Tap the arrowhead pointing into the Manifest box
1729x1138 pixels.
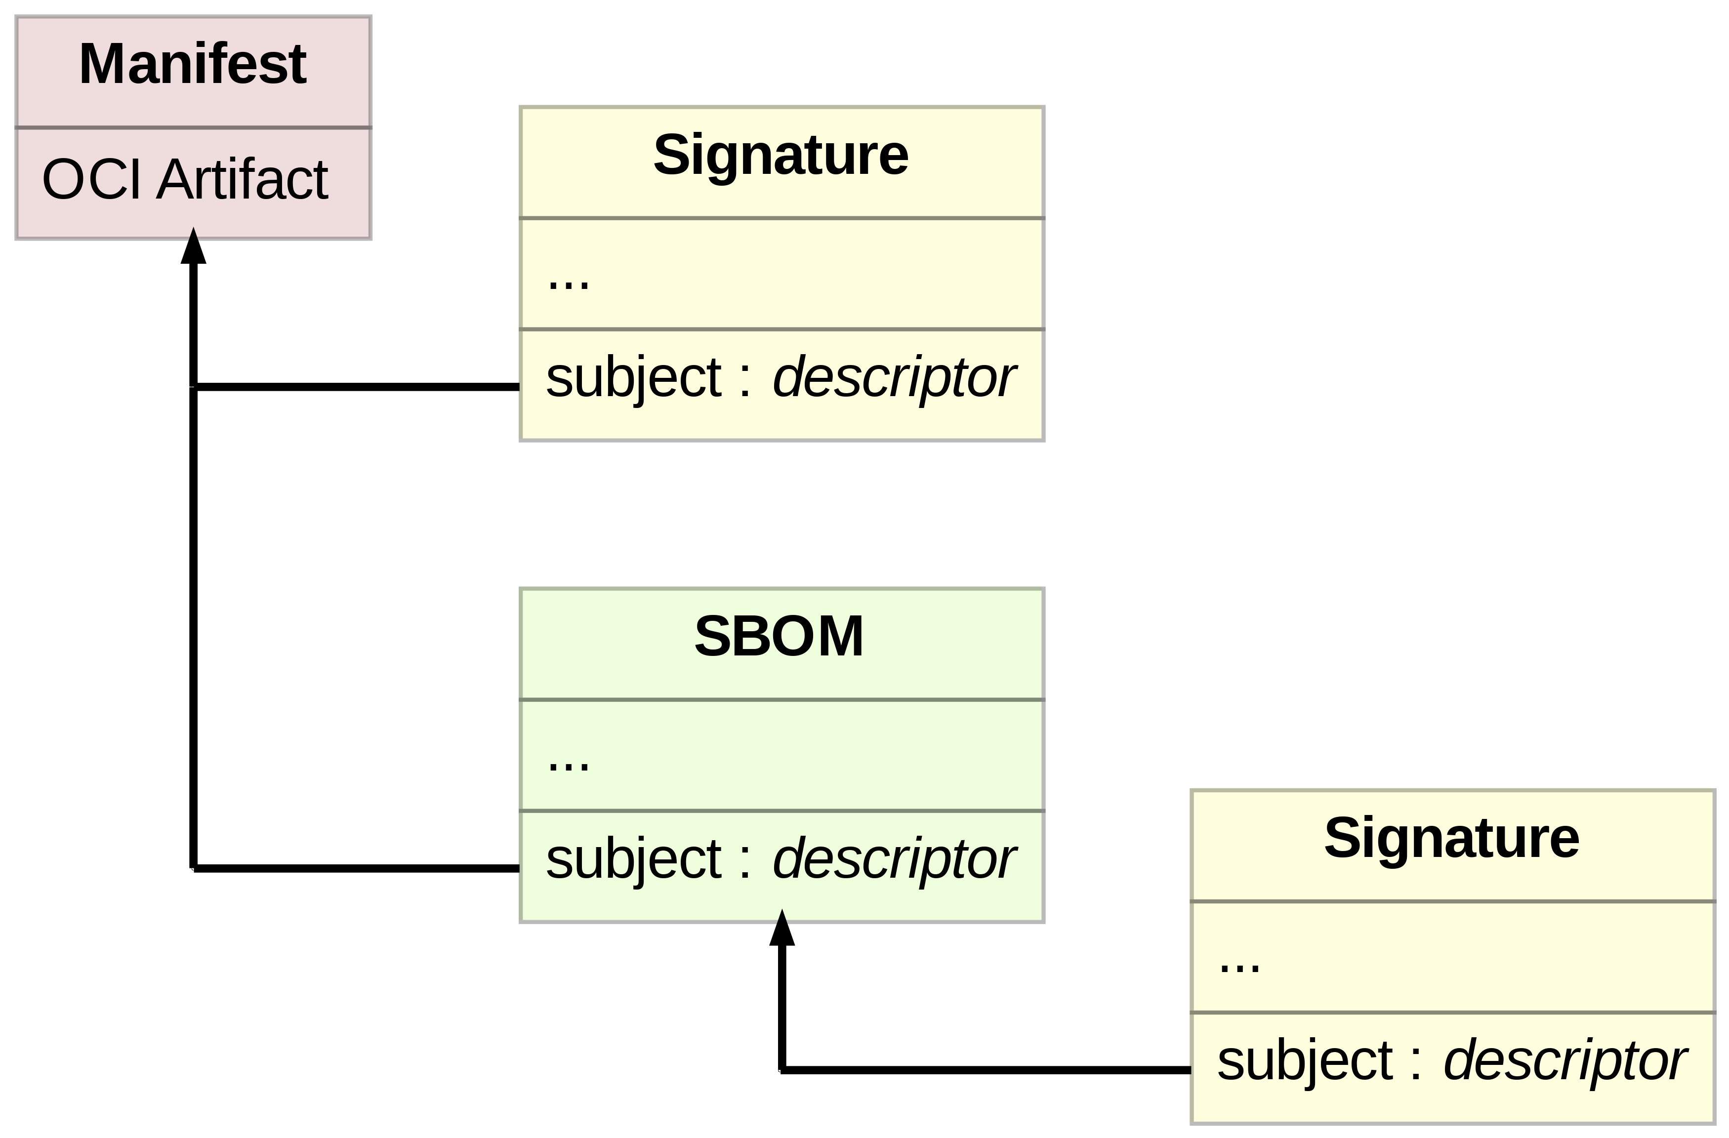coord(193,247)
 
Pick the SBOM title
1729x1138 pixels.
coord(779,636)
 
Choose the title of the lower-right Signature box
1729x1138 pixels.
coord(1451,837)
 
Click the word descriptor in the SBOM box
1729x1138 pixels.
coord(894,858)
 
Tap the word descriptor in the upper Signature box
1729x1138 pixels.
coord(894,377)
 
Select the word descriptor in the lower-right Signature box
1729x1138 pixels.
coord(1564,1060)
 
